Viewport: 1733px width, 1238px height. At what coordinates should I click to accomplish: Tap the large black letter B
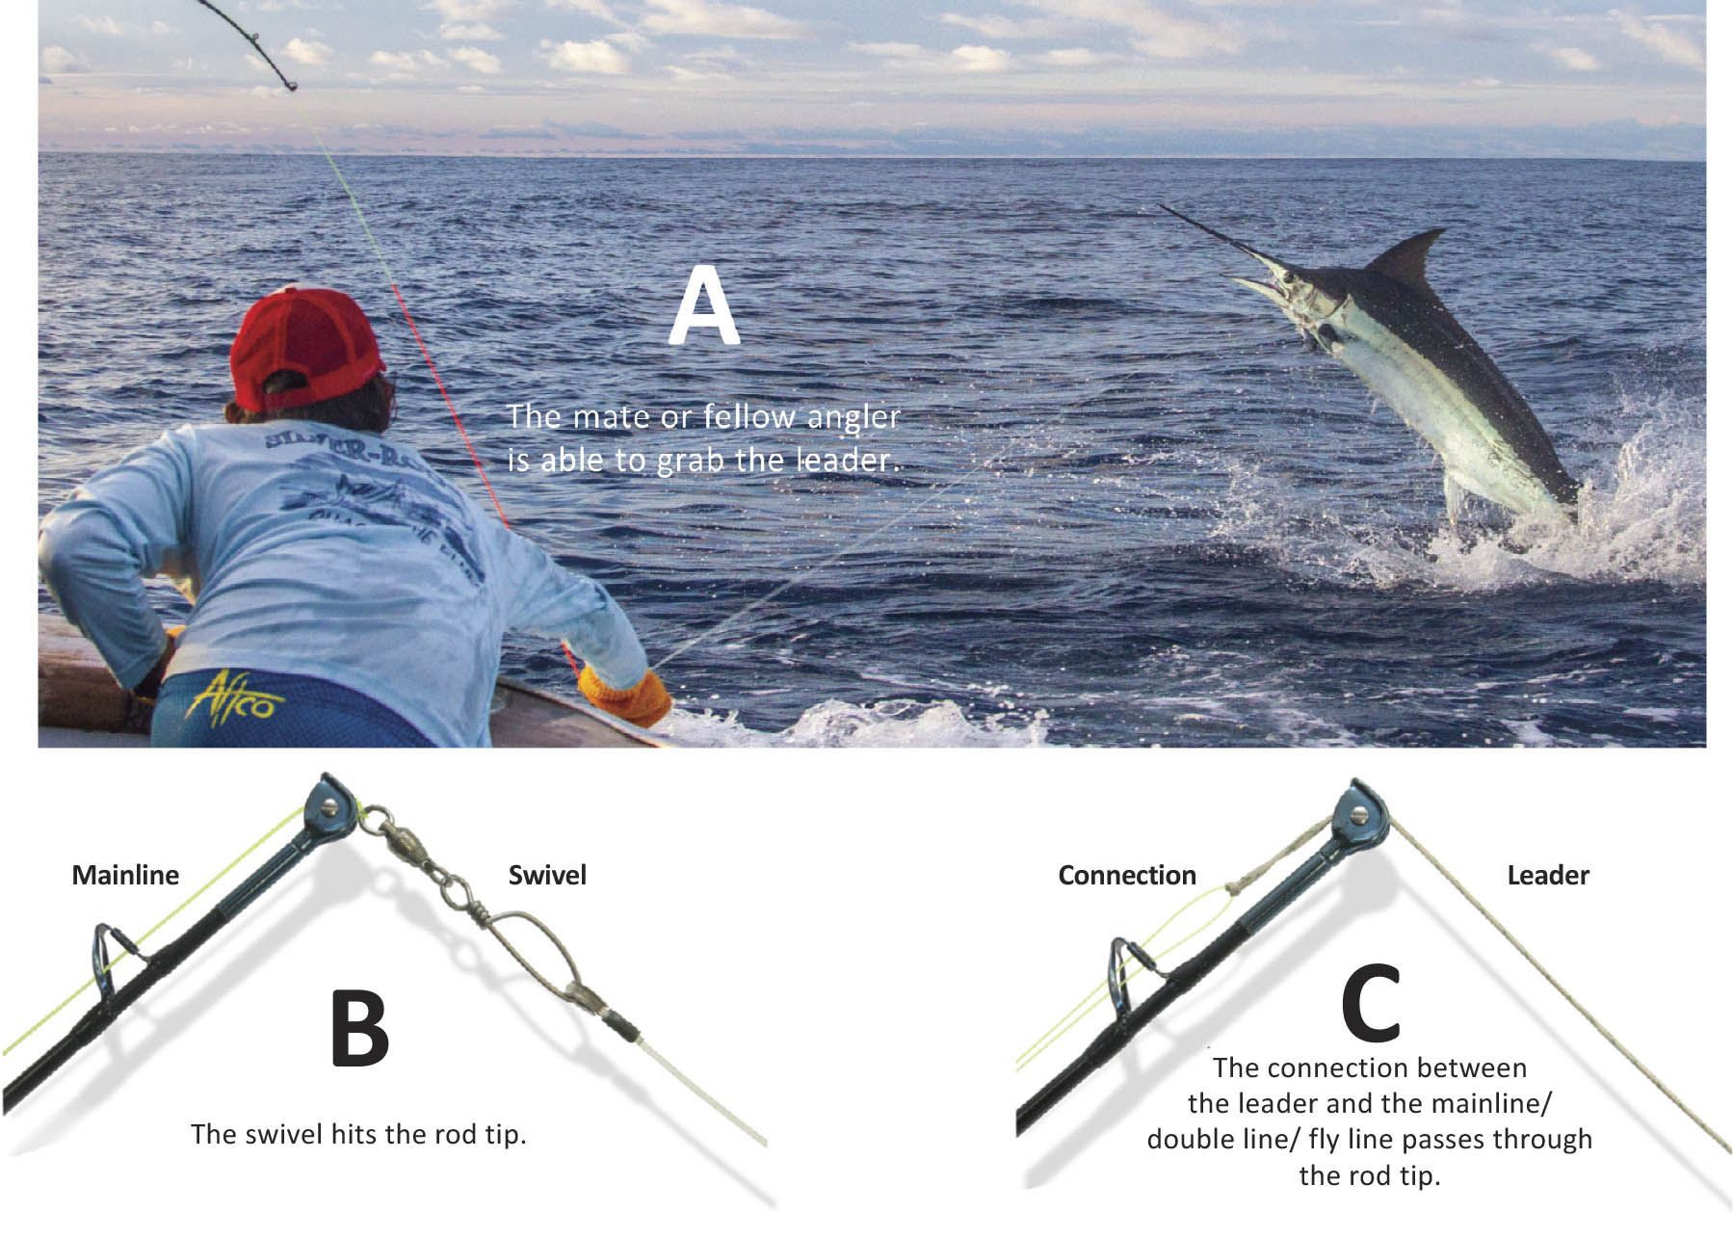359,1028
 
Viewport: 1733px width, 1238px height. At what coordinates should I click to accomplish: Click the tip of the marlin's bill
1163,206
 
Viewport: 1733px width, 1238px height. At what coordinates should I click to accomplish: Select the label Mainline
125,875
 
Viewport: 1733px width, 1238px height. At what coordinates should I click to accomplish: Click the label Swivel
547,875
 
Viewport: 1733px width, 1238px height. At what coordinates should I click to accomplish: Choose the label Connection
1126,875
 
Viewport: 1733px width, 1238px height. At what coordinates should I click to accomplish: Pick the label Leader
1547,875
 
